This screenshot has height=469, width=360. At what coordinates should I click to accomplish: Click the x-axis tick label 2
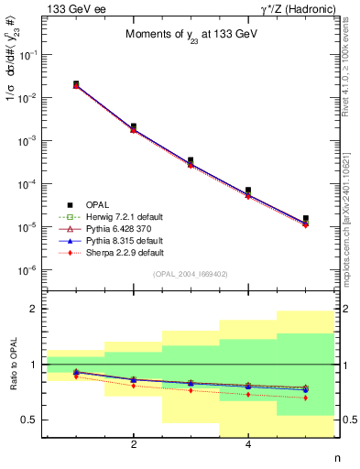point(134,445)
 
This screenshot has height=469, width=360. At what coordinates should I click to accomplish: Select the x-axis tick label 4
point(248,445)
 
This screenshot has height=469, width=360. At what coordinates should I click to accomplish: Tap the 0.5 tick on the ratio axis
point(33,420)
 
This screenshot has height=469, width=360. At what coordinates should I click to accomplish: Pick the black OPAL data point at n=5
point(305,218)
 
